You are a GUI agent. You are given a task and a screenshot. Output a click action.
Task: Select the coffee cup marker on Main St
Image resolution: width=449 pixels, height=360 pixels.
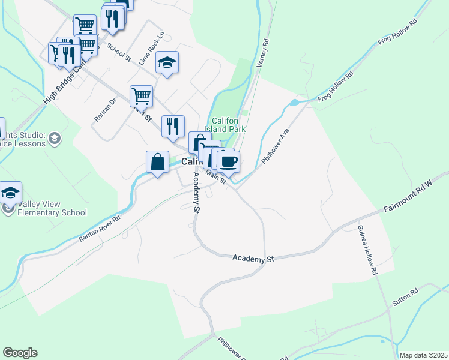coord(228,161)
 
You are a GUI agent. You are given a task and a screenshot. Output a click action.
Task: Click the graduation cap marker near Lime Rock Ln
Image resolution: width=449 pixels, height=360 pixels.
coord(167,62)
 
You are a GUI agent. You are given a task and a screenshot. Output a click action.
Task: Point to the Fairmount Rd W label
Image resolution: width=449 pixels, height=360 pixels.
coord(408,198)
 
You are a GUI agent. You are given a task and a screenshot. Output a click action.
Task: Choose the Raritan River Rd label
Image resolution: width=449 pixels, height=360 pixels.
coord(100,229)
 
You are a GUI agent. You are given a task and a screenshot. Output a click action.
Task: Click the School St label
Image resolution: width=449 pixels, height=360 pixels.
coord(118,51)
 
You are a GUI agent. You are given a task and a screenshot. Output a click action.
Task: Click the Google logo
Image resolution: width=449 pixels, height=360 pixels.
coord(20,353)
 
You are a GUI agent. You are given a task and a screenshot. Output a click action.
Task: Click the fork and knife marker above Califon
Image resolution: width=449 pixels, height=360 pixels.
coord(173,126)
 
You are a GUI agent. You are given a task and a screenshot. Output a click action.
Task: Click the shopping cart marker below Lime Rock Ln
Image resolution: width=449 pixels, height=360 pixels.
coord(141,95)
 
